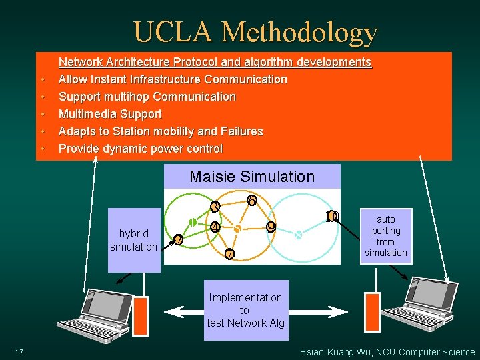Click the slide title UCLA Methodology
coord(255,32)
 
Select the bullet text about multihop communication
coord(147,97)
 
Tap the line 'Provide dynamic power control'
coord(140,149)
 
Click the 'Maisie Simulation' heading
coord(251,177)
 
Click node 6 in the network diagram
coord(251,200)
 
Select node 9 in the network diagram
coord(271,227)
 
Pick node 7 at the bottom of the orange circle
coord(229,254)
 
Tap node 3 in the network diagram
coord(215,207)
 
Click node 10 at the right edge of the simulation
coord(332,216)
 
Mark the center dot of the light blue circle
coord(299,235)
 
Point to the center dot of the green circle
coord(192,222)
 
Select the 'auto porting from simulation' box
coord(385,236)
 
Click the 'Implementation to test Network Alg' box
coord(245,310)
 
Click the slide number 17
coord(19,352)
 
